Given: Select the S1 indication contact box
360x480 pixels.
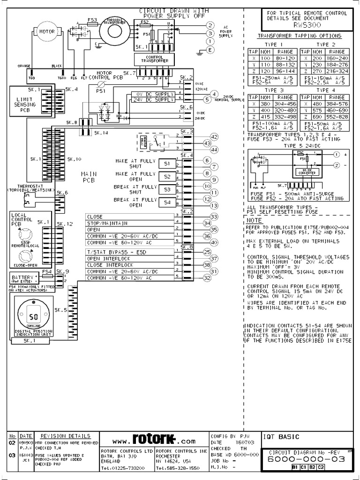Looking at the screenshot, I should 166,164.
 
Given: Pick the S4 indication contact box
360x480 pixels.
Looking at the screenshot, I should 166,202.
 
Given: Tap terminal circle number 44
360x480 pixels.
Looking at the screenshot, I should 215,150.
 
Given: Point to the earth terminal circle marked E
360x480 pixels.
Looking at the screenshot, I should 210,49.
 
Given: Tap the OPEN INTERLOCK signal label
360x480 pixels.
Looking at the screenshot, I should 106,259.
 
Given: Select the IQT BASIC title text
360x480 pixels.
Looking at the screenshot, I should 276,437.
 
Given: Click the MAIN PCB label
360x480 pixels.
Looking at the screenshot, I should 89,177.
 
